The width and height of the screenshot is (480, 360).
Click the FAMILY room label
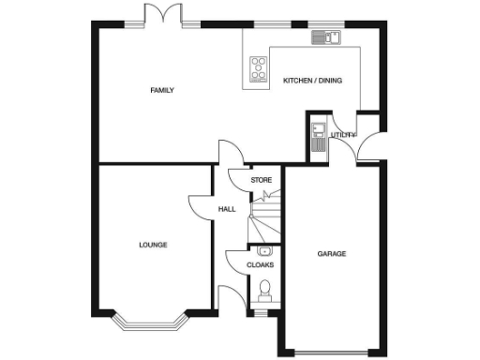click(x=162, y=91)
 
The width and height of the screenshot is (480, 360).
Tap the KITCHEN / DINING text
click(x=312, y=81)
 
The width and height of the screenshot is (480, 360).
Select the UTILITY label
click(x=342, y=136)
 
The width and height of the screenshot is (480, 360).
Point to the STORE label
click(x=261, y=179)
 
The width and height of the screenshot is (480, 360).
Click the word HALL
click(x=227, y=209)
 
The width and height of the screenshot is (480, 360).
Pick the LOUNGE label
click(x=153, y=246)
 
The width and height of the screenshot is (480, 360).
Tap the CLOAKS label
click(x=260, y=265)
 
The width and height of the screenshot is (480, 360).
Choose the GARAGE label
click(x=331, y=254)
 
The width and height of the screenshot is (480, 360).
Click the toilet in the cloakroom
click(x=264, y=289)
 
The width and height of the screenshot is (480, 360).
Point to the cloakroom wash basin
click(x=263, y=251)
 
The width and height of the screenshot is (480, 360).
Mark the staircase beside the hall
click(x=263, y=216)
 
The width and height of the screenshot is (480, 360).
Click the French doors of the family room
click(x=157, y=16)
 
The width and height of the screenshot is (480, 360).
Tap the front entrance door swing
click(x=228, y=295)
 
